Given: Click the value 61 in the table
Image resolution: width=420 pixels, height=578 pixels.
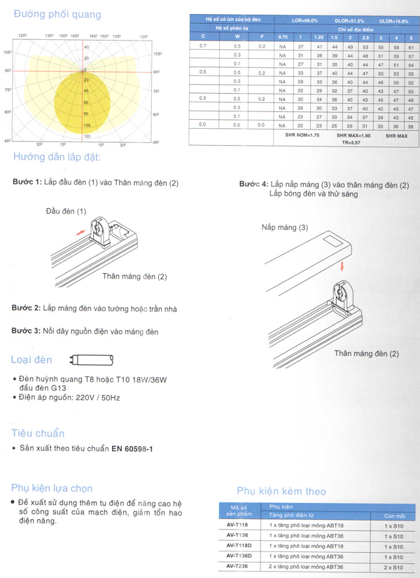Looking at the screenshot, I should point(411,46).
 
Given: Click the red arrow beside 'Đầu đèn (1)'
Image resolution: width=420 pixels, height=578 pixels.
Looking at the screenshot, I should point(81,229).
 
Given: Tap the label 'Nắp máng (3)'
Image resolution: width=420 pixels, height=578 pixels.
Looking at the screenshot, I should point(284,228).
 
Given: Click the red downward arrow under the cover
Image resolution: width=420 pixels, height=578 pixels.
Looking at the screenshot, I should point(342,266).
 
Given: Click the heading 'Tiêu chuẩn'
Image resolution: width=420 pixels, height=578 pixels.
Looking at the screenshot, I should point(38,433).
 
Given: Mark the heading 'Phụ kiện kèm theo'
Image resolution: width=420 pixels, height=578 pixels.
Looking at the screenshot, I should point(281,491).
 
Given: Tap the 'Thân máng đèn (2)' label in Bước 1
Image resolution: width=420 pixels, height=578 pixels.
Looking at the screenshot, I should point(134,277).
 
